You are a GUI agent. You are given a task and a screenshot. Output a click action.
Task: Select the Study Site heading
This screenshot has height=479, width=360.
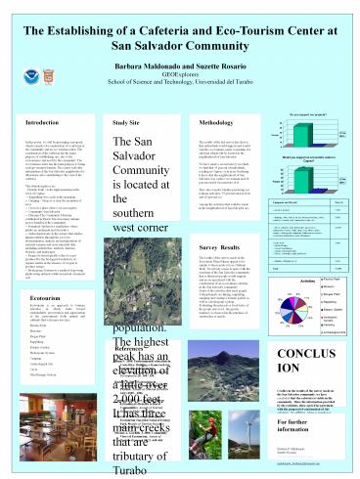click(126, 95)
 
